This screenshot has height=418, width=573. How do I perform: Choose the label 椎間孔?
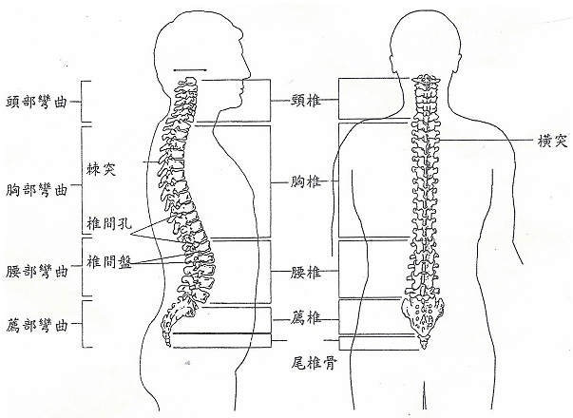pos(108,224)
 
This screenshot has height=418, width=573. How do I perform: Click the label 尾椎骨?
pos(312,362)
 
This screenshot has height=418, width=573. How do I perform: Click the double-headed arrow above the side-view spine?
pos(191,69)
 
